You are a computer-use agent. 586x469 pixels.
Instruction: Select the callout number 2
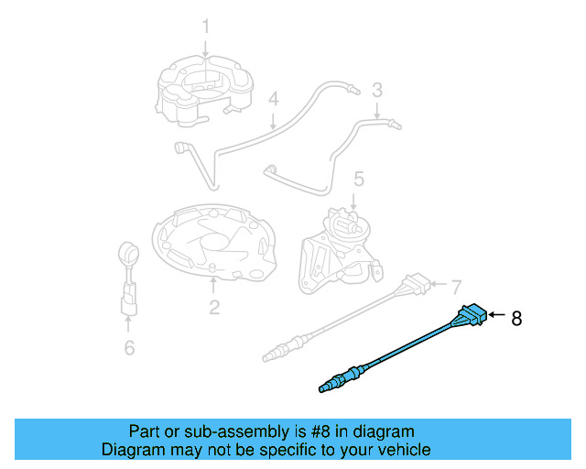click(x=213, y=308)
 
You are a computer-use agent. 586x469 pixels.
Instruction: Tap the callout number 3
click(x=376, y=90)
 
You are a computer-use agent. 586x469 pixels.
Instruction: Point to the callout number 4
click(x=273, y=99)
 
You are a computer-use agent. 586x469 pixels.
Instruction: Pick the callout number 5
click(x=359, y=179)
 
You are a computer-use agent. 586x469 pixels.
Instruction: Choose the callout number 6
click(x=129, y=347)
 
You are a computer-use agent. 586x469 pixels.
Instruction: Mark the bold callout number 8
click(x=516, y=319)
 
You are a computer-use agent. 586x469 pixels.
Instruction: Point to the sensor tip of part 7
click(x=272, y=352)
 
